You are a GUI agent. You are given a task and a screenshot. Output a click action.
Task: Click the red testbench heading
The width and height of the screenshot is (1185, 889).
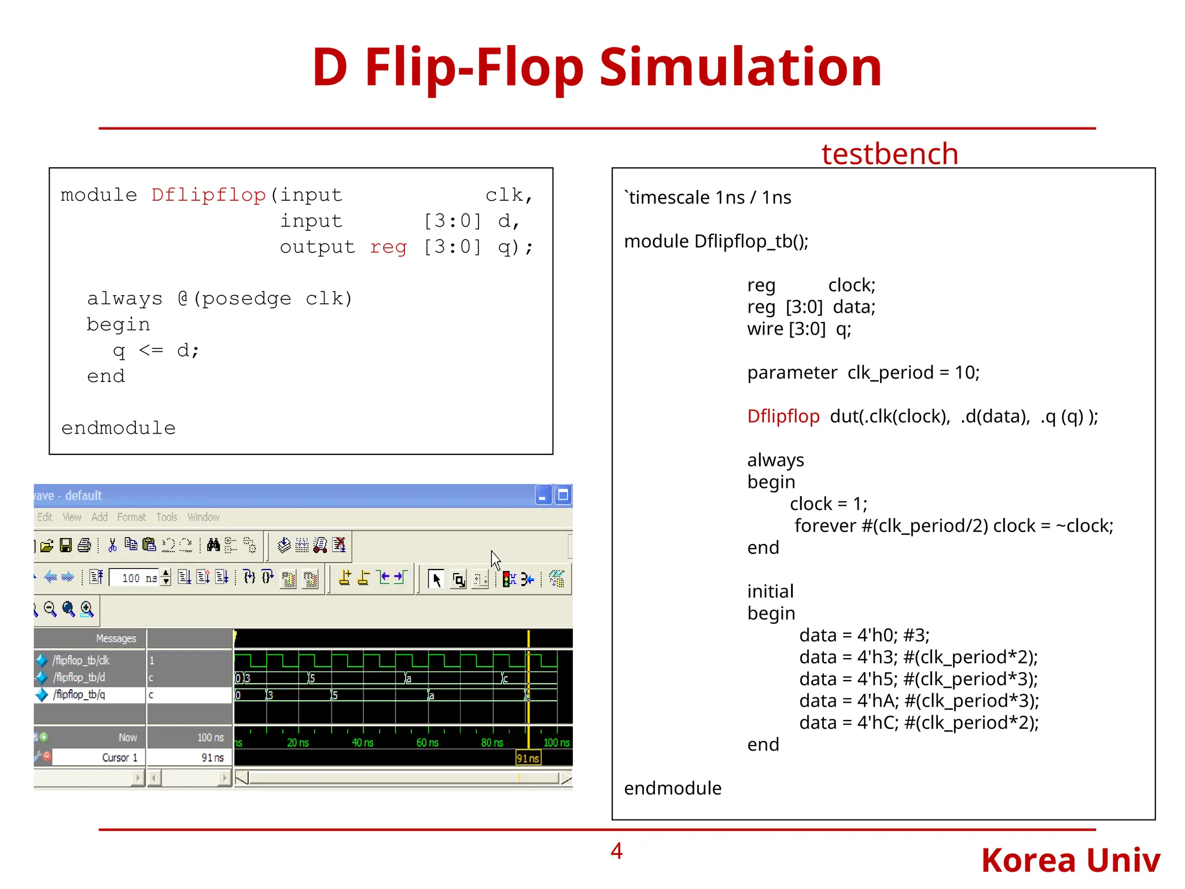point(889,154)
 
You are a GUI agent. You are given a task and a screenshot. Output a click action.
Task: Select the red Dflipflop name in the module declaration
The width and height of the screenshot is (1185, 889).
point(208,195)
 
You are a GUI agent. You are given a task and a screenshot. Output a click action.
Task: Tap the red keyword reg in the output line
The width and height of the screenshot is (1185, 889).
point(388,247)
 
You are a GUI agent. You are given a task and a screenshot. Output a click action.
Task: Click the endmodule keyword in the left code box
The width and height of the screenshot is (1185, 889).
point(119,428)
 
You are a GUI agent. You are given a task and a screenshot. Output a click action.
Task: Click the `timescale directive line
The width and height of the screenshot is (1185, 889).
point(708,197)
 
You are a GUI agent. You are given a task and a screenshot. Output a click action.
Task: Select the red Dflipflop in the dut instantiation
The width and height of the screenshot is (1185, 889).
point(783,416)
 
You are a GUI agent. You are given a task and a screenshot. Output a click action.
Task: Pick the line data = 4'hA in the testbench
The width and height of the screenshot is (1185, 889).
point(918,701)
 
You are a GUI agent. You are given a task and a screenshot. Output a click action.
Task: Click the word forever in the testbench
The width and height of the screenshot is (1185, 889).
point(825,526)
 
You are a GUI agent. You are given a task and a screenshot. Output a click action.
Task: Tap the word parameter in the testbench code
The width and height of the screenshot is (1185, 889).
point(792,372)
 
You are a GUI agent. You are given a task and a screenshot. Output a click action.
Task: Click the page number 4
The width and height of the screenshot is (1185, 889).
point(616,851)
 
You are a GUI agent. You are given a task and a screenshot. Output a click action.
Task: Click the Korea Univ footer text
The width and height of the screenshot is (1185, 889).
point(1070,860)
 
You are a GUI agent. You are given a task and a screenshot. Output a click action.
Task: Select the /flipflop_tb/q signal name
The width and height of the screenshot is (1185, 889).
point(79,695)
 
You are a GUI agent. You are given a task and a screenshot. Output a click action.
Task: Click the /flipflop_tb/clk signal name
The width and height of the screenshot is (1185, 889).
point(81,660)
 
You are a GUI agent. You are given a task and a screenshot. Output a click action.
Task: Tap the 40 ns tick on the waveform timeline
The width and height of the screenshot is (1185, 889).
point(363,743)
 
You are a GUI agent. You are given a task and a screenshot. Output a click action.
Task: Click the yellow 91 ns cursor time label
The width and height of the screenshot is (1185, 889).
point(528,758)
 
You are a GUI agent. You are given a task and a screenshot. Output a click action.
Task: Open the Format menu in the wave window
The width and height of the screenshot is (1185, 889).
point(131,517)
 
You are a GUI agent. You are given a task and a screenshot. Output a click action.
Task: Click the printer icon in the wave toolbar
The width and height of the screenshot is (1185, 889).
point(84,545)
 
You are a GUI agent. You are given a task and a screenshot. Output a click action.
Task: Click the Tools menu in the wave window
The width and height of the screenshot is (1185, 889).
point(167,517)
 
